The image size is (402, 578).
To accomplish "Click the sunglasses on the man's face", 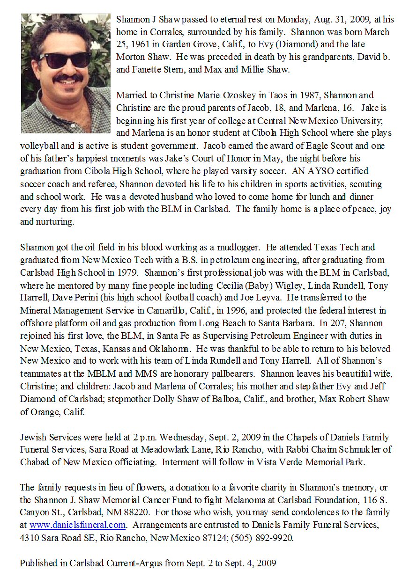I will click(65, 59).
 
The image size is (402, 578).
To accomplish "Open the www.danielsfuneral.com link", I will click(77, 526).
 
